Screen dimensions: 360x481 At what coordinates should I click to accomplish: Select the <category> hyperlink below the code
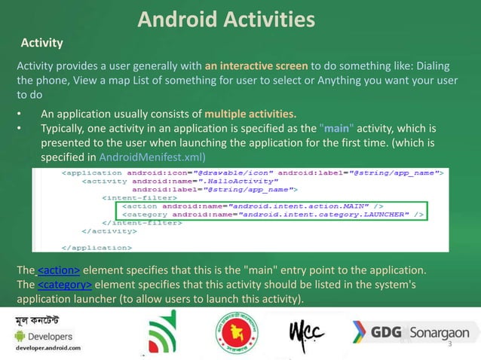pyautogui.click(x=65, y=285)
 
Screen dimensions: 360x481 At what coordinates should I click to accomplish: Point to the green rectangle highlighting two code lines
pyautogui.click(x=270, y=210)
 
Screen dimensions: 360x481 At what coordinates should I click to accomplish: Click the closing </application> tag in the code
pyautogui.click(x=96, y=246)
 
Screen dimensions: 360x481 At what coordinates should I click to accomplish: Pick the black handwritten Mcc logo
pyautogui.click(x=308, y=333)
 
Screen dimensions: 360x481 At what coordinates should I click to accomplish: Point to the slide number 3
pyautogui.click(x=449, y=344)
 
